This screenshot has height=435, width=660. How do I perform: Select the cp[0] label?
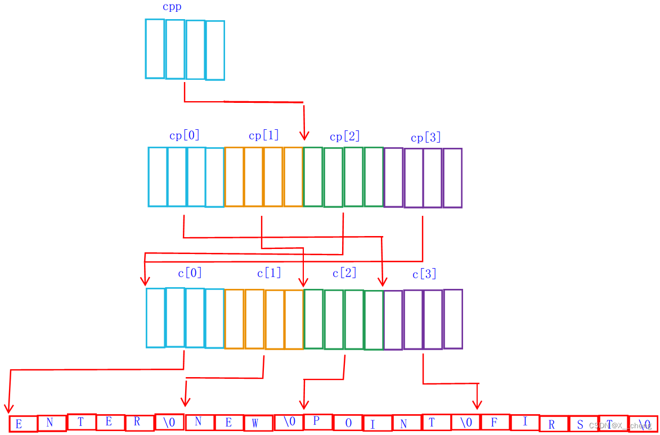(x=185, y=135)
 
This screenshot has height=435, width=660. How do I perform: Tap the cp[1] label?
(x=264, y=135)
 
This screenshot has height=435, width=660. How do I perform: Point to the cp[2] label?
(x=345, y=137)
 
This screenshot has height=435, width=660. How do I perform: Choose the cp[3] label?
(x=426, y=138)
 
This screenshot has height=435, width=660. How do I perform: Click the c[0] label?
(x=190, y=273)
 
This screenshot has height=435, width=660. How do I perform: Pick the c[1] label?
(x=270, y=273)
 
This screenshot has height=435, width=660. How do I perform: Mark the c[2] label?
(x=345, y=273)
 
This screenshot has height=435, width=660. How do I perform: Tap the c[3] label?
(x=425, y=274)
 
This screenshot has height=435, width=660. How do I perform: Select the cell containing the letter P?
(x=317, y=422)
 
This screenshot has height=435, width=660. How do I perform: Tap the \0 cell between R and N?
(x=169, y=422)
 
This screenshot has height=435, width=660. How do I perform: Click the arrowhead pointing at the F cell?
(x=477, y=404)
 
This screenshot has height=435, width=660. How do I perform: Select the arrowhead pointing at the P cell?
(x=304, y=404)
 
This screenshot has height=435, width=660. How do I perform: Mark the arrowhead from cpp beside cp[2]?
(x=304, y=135)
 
